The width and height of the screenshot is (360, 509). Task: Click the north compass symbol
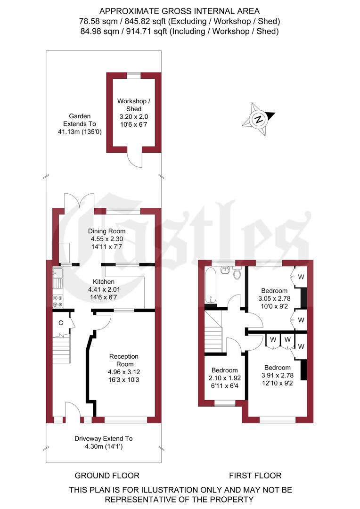(x=258, y=119)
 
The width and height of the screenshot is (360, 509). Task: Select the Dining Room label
(x=107, y=231)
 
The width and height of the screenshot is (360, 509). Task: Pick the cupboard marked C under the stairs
(x=61, y=323)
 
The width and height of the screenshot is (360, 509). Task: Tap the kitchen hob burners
(x=57, y=301)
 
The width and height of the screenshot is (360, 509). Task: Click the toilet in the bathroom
(x=237, y=272)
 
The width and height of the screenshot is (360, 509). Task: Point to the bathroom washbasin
(x=225, y=270)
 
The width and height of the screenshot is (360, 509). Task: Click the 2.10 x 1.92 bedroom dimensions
(x=224, y=378)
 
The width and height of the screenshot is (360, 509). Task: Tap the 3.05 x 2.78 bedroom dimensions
(x=275, y=298)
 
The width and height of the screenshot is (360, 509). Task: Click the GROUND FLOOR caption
(x=107, y=475)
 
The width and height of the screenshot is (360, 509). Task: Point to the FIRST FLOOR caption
(x=255, y=475)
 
